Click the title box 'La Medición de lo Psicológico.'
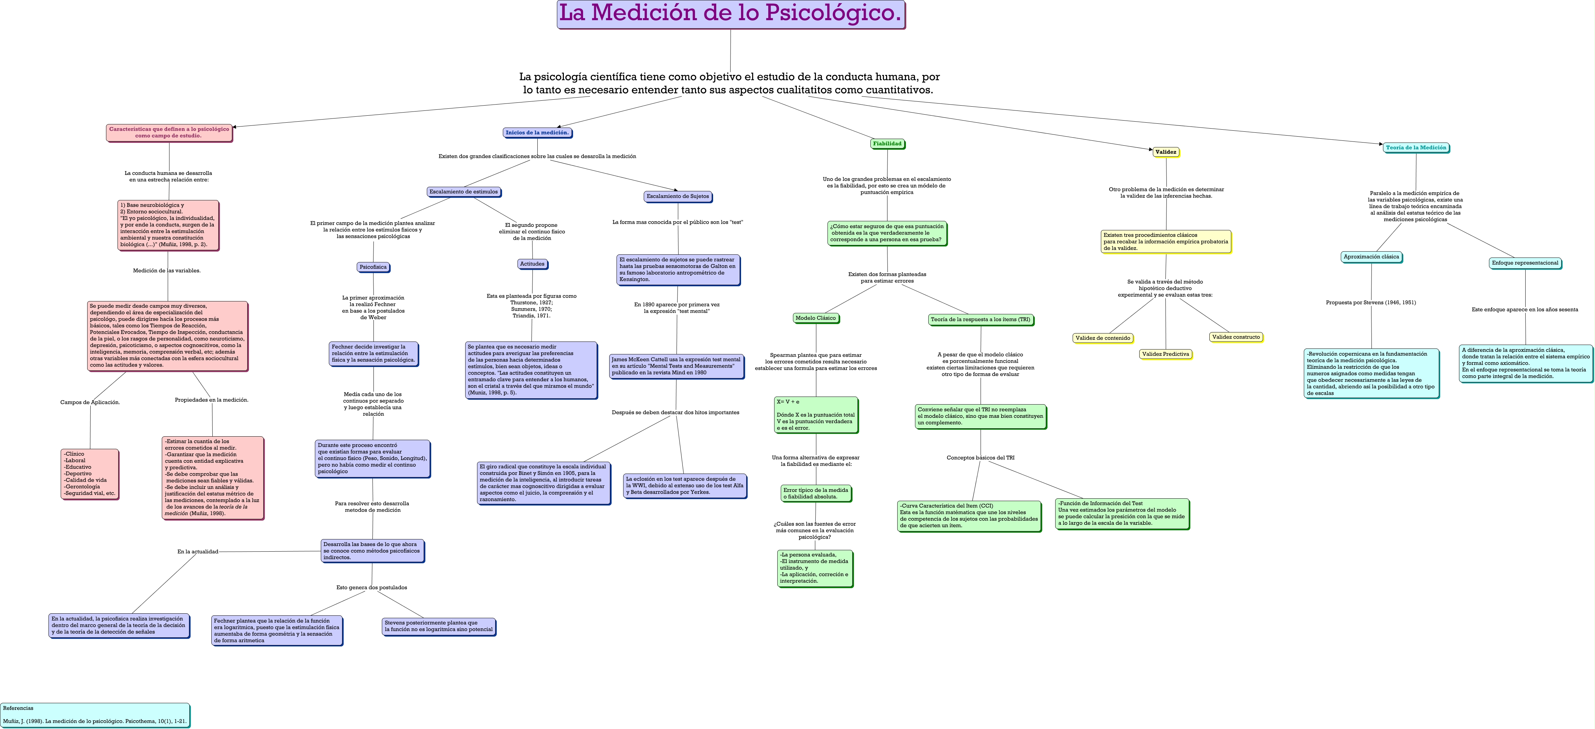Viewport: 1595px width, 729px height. click(731, 14)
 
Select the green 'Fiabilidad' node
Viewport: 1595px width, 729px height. click(887, 144)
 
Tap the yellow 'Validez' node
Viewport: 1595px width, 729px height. click(1166, 152)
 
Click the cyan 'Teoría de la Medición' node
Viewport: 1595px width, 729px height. click(1416, 148)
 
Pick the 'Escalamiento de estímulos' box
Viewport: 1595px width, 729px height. click(464, 192)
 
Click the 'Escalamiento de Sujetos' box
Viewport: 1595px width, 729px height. click(678, 196)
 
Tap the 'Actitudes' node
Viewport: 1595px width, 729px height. click(532, 264)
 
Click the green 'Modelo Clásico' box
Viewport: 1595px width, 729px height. click(816, 318)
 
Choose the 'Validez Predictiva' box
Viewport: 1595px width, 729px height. click(1166, 354)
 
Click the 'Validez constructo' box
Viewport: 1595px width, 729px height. click(1236, 337)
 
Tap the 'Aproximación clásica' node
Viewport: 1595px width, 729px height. click(1371, 257)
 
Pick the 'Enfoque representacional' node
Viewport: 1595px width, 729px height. click(1525, 263)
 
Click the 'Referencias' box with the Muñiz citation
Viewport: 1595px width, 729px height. click(95, 715)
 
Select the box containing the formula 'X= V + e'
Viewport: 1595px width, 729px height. click(816, 415)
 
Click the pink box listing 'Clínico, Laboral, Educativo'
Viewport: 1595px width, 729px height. click(90, 474)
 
